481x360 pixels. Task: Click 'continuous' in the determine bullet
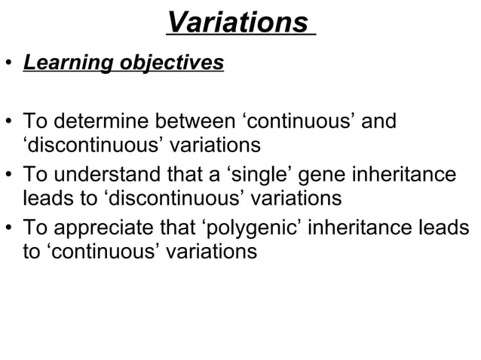(x=300, y=122)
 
